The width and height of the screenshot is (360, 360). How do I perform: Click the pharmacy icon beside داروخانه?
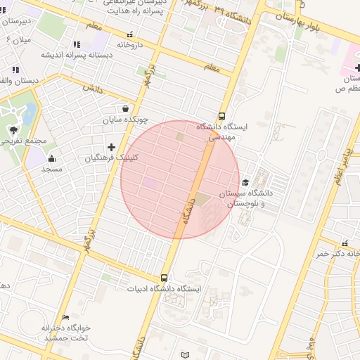(x=129, y=34)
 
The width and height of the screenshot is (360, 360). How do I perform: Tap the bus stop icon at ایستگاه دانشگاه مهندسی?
(x=222, y=117)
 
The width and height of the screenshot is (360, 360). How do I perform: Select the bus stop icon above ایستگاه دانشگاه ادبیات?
(x=165, y=278)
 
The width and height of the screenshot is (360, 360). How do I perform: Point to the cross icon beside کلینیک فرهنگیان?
(x=110, y=147)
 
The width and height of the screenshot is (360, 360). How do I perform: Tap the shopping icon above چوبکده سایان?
(x=125, y=109)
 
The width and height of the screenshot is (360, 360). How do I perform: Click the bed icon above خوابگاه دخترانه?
(x=65, y=318)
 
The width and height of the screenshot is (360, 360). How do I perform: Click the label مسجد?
(x=52, y=169)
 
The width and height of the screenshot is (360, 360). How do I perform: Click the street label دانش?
(x=92, y=89)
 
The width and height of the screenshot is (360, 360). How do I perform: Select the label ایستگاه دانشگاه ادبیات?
(x=165, y=289)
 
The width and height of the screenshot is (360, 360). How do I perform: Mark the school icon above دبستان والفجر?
(x=15, y=70)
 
